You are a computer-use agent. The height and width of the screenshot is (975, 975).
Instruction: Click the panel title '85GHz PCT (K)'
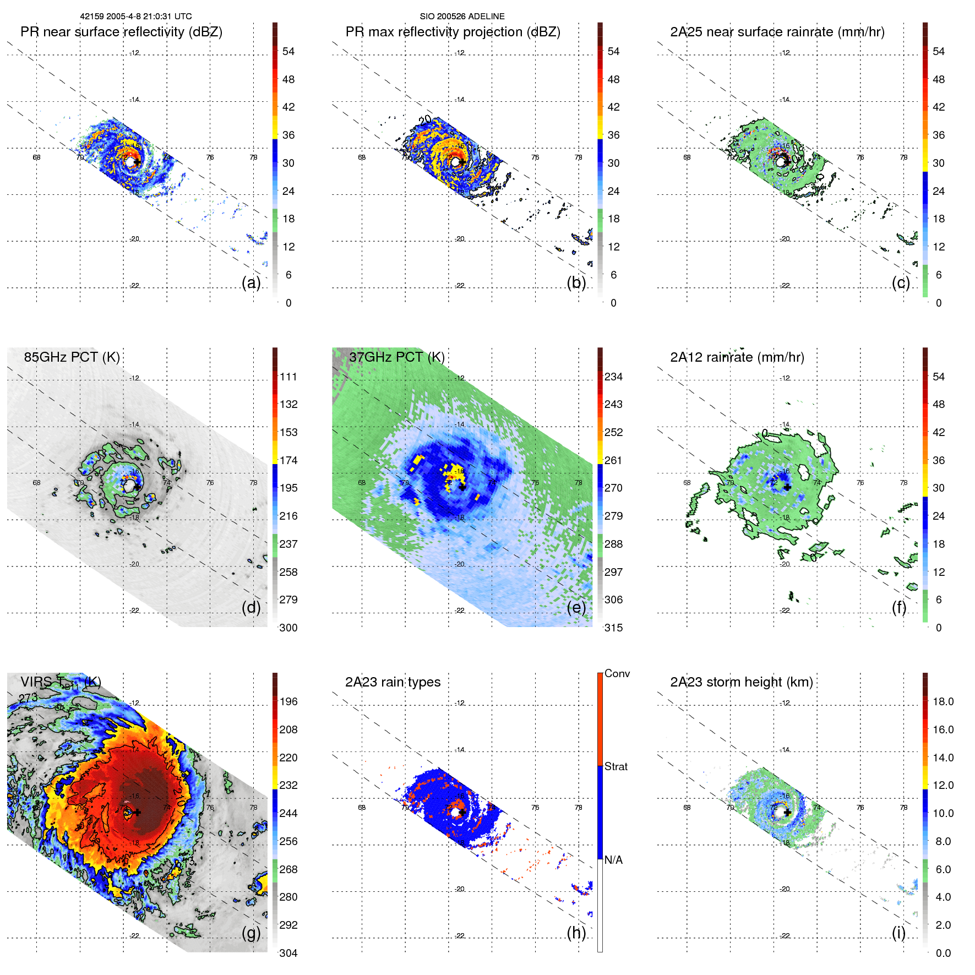tap(72, 357)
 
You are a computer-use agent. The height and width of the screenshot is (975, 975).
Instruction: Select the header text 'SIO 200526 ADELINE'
tap(462, 17)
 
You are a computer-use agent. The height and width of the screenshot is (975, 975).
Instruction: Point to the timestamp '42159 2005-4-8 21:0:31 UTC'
tap(136, 17)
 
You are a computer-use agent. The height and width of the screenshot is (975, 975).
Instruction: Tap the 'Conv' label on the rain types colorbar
tap(617, 673)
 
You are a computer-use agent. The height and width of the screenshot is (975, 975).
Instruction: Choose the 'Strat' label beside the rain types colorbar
tap(615, 766)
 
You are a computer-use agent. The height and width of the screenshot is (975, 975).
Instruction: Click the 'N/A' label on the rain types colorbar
tap(613, 860)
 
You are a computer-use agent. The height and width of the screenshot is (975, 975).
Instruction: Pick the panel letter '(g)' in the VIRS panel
tap(251, 933)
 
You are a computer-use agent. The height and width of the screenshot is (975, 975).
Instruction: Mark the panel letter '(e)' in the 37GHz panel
tap(576, 607)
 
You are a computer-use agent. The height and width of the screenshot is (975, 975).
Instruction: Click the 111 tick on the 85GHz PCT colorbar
tap(288, 377)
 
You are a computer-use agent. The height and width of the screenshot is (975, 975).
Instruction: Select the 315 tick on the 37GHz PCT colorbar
tap(613, 628)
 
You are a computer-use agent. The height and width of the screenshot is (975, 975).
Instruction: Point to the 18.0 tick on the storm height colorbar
tap(943, 701)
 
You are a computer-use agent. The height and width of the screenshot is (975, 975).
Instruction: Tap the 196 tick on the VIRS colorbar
tap(288, 701)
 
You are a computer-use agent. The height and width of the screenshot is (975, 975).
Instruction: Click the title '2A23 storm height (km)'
tap(741, 682)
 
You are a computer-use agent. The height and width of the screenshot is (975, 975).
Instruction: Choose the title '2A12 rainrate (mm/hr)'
tap(737, 357)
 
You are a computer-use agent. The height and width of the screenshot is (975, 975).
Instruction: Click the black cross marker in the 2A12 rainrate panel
tap(787, 487)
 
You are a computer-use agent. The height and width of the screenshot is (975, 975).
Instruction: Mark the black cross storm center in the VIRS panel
tap(137, 812)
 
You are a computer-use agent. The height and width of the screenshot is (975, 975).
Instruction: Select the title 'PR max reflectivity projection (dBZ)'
tap(453, 32)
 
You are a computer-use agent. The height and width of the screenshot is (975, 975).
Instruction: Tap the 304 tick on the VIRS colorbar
tap(288, 953)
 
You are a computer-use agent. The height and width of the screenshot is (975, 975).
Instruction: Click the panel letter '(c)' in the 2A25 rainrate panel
tap(901, 282)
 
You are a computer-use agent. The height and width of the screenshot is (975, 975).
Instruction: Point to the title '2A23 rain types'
tap(393, 682)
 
